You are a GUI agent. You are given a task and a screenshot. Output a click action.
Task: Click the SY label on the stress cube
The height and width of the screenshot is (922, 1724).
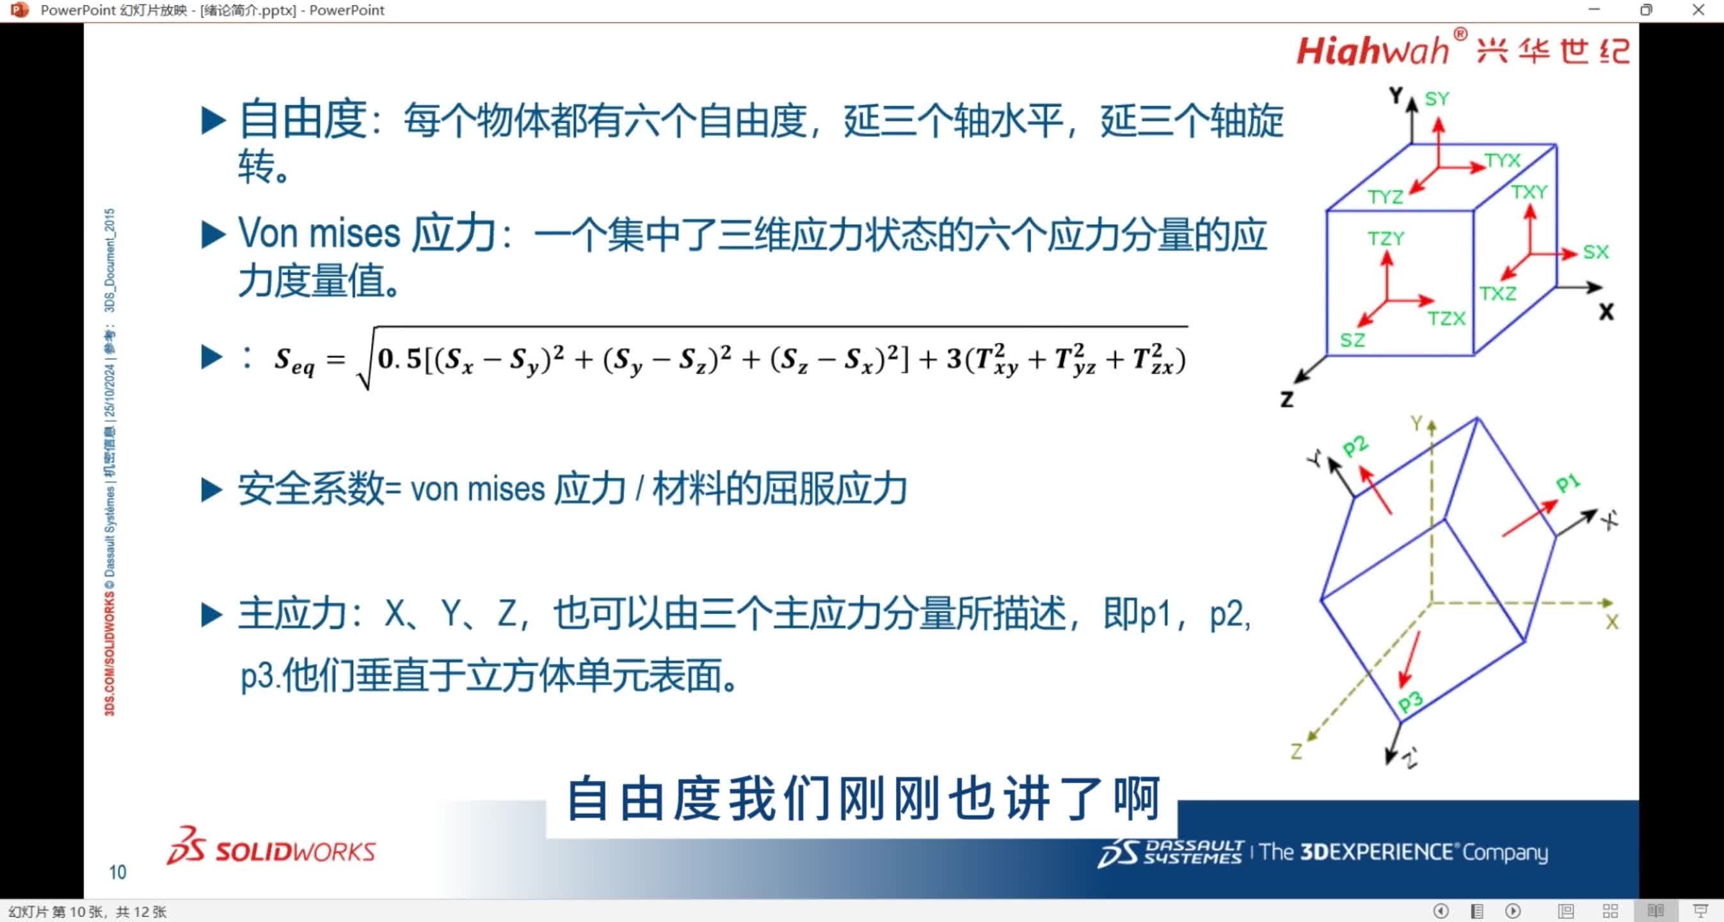(1436, 99)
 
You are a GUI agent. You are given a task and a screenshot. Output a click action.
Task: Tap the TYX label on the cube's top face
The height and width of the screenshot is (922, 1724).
(1503, 161)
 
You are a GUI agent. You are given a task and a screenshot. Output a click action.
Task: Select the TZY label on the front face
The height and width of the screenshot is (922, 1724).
(1385, 238)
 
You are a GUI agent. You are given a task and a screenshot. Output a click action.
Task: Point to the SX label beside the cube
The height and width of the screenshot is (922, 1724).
(1595, 252)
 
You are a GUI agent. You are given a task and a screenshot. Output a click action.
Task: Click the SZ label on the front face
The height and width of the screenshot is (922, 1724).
(1352, 340)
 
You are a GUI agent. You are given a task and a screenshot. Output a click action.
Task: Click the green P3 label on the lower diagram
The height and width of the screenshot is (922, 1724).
(1410, 701)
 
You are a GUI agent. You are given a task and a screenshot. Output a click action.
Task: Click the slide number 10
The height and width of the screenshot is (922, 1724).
(117, 872)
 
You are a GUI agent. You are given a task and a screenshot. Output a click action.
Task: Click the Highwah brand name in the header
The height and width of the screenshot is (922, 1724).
(1372, 51)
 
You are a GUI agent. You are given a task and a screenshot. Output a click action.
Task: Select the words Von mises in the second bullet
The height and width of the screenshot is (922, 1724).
(319, 234)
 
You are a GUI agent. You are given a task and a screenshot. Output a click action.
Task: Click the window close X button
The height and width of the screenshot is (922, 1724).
(1698, 10)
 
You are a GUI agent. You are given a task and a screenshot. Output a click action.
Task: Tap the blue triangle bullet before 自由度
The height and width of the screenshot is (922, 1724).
(213, 121)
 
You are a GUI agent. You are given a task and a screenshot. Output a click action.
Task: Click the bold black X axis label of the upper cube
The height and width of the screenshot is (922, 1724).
(1606, 312)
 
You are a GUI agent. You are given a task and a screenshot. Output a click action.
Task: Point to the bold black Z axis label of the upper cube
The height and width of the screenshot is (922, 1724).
(1286, 400)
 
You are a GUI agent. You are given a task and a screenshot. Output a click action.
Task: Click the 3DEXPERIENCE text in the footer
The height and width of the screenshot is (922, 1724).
(1376, 852)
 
